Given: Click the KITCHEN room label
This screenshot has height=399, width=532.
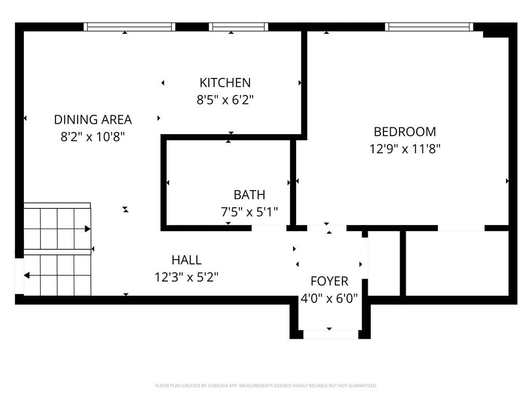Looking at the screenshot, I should (x=225, y=83).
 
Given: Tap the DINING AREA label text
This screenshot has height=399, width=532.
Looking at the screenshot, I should (x=93, y=119).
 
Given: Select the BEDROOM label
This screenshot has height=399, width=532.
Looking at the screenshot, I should (x=405, y=131).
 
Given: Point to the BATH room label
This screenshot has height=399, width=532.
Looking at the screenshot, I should (x=249, y=195).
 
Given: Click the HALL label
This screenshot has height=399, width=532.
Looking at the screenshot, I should (x=187, y=260).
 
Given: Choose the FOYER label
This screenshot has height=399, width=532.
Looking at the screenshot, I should (x=329, y=282).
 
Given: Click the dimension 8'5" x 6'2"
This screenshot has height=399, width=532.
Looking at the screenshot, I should (x=225, y=99).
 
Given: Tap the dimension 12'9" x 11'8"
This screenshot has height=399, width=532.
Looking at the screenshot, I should (x=405, y=149).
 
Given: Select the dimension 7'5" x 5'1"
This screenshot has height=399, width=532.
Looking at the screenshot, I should (x=249, y=211).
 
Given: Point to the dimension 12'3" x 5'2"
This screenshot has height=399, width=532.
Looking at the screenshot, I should (x=187, y=277).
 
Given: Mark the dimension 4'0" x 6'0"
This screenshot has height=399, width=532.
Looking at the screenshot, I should (x=329, y=299).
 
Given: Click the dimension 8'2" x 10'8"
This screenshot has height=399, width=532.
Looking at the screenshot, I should (x=93, y=137).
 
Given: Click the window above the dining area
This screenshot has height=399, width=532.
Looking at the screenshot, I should (x=129, y=27).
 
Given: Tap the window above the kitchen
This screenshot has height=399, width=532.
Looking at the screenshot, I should (x=238, y=27).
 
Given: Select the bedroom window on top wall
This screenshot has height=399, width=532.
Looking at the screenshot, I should (x=429, y=27).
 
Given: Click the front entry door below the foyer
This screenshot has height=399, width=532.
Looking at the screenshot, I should (x=330, y=334).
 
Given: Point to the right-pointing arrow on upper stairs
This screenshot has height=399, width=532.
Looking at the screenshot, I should (x=87, y=229).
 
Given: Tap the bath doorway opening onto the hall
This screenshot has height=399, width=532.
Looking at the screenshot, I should (x=269, y=228).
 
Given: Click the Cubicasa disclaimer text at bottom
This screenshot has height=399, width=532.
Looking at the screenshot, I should (x=266, y=385).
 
